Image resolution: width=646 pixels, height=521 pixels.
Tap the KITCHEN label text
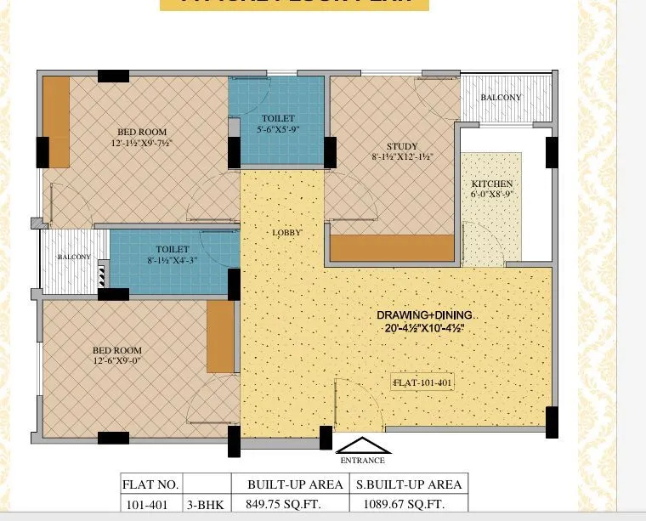click(x=492, y=184)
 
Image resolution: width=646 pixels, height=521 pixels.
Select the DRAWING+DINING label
click(x=425, y=315)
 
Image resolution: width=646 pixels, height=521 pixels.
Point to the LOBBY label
click(x=286, y=232)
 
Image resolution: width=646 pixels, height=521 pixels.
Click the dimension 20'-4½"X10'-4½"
click(x=425, y=328)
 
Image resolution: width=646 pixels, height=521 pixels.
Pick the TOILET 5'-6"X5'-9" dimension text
click(x=279, y=130)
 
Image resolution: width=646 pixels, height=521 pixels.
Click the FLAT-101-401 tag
click(x=422, y=383)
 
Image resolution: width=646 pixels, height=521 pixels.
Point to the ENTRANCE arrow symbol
click(x=363, y=445)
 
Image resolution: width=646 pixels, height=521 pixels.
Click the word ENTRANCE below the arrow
click(x=363, y=461)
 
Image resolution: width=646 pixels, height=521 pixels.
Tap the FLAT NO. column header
click(x=150, y=484)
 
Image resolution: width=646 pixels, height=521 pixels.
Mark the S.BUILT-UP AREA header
click(x=407, y=484)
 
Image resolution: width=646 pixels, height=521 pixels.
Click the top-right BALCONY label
click(x=501, y=97)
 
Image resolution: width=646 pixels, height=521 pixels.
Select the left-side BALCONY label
click(x=74, y=257)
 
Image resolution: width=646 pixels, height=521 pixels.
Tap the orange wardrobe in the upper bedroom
click(x=57, y=122)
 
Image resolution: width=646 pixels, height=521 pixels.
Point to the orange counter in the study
click(x=392, y=248)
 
